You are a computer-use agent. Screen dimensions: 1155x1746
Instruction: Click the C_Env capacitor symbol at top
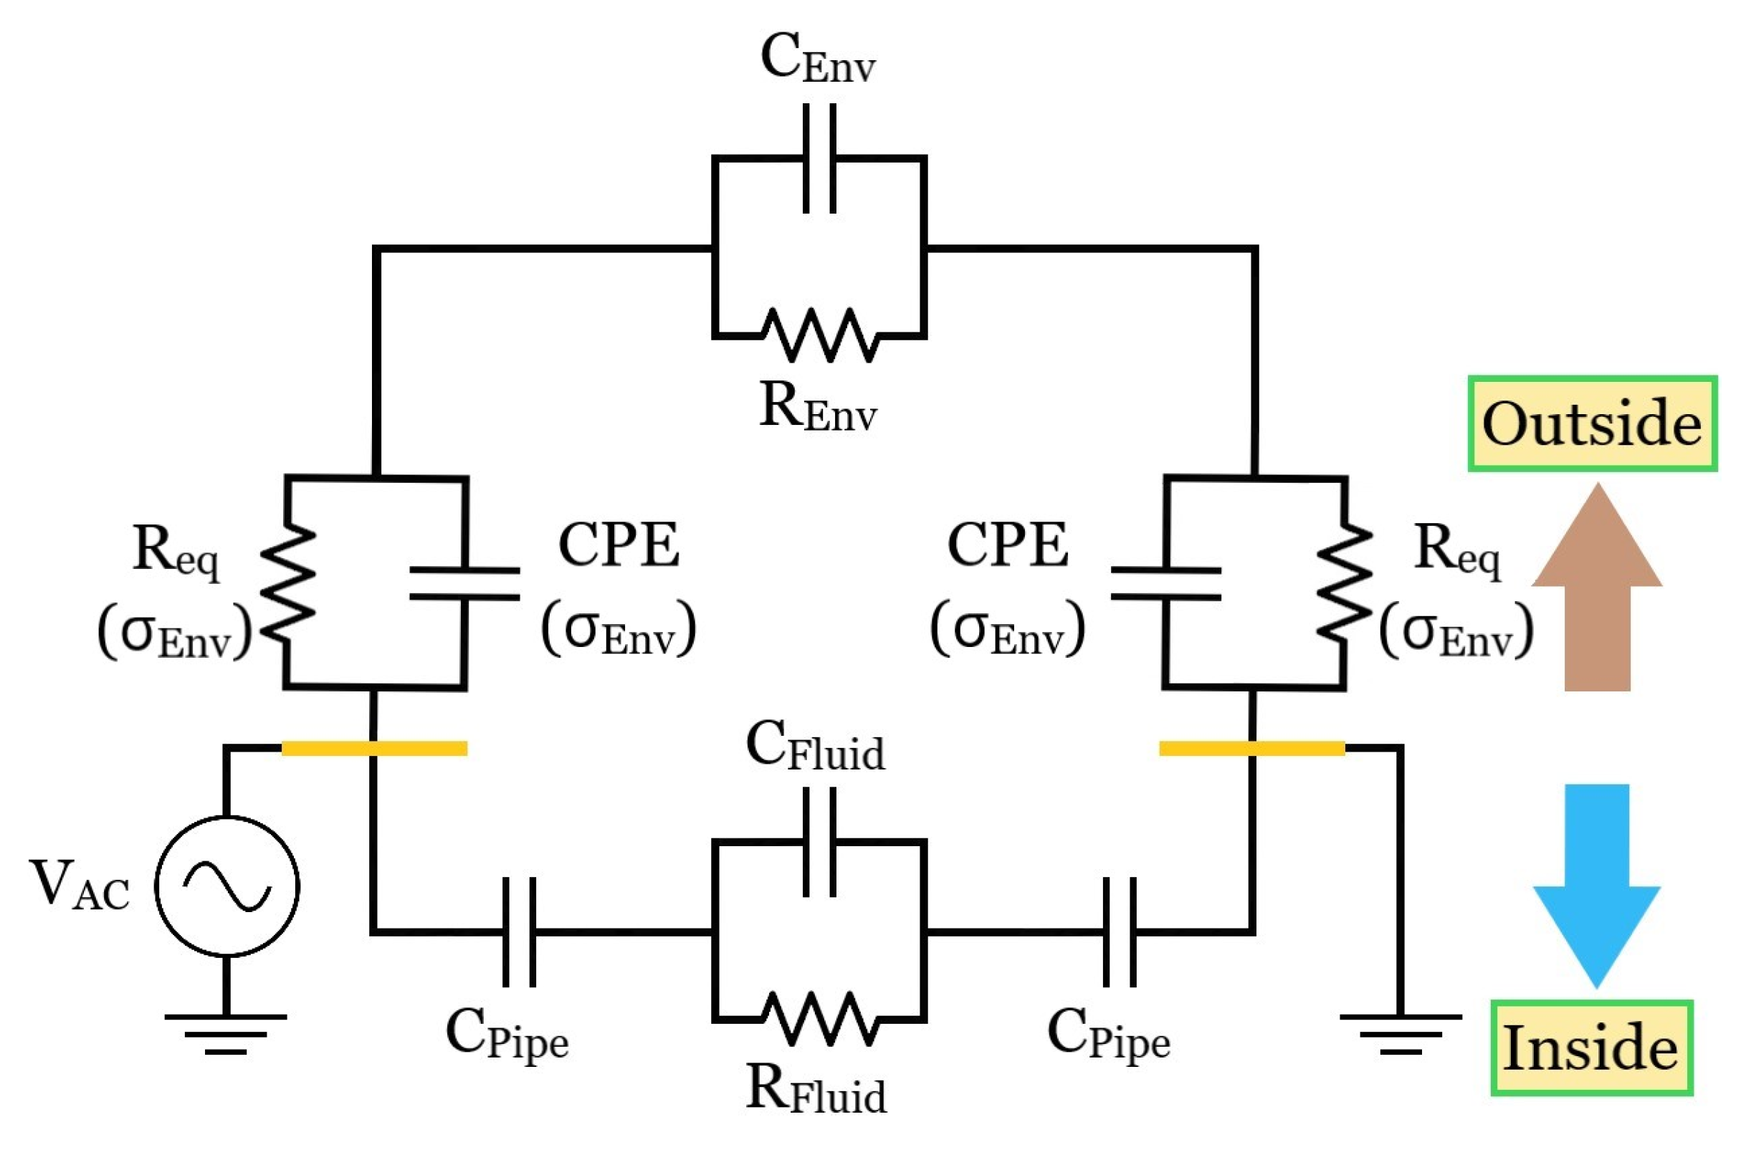(x=819, y=158)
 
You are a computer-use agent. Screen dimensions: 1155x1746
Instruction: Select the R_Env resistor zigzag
(x=819, y=335)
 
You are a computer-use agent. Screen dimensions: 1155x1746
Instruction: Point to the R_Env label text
(x=818, y=409)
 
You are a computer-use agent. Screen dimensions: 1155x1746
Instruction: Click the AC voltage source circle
(x=227, y=886)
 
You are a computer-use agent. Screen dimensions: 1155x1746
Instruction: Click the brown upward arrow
(x=1596, y=589)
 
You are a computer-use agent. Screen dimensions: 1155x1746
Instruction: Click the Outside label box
(x=1592, y=423)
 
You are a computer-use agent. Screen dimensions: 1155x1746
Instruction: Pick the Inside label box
(x=1591, y=1048)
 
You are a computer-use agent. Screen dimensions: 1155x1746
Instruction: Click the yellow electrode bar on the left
(x=374, y=749)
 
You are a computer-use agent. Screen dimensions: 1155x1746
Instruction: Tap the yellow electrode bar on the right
(x=1251, y=749)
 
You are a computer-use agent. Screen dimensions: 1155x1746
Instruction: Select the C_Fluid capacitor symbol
(x=819, y=842)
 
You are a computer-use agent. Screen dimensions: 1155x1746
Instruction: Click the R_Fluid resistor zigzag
(x=819, y=1019)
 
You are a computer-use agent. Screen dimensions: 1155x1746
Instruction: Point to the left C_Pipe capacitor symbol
(x=520, y=931)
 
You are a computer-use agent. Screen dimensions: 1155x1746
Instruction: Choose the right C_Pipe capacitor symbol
(x=1120, y=931)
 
